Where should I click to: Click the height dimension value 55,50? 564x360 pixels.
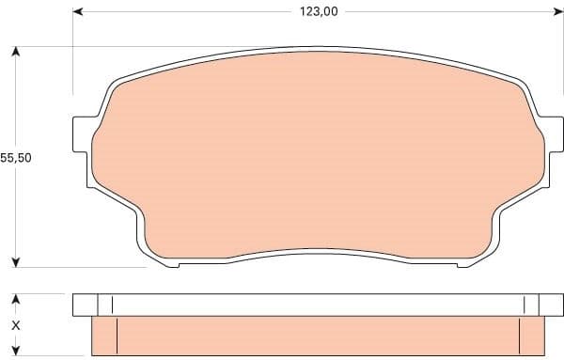click(16, 158)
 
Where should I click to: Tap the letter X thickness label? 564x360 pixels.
click(15, 325)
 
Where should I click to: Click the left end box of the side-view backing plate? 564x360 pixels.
click(86, 305)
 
